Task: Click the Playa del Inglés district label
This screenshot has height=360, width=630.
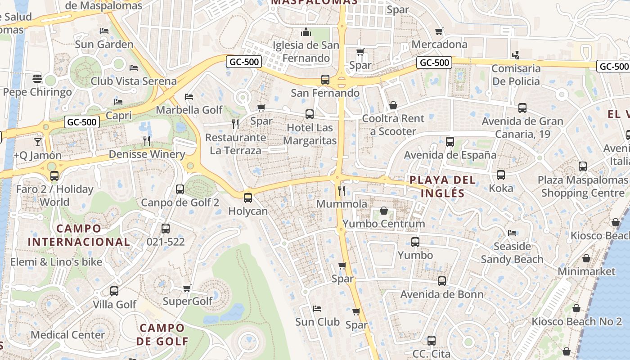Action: pos(443,186)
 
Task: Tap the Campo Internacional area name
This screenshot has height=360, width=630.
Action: pos(79,235)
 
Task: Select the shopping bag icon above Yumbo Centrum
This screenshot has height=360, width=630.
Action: pos(384,211)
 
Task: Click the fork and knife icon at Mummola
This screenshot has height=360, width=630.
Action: pos(342,191)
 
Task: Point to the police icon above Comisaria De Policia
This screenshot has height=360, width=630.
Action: pos(516,55)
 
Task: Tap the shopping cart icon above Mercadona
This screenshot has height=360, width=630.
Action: pos(439,31)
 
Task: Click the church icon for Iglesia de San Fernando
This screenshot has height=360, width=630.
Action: pos(306,32)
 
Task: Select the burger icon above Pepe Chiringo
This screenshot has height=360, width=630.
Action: pos(37,79)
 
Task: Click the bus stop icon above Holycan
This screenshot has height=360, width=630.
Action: pos(247,198)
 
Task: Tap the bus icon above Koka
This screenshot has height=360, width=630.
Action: pos(500,175)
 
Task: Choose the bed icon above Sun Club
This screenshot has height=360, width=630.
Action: pos(317,309)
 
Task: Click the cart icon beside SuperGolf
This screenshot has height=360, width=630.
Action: pos(187,288)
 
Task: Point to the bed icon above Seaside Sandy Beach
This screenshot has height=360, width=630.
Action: pos(512,233)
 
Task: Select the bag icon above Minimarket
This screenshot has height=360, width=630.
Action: pos(586,258)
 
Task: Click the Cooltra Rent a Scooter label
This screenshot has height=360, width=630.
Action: pos(393,125)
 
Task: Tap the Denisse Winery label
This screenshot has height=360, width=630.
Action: pos(147,154)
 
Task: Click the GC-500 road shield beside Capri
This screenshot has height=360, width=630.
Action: pos(81,122)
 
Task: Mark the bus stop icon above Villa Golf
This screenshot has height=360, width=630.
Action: pos(114,291)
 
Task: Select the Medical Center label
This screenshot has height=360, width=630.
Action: pos(67,335)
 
